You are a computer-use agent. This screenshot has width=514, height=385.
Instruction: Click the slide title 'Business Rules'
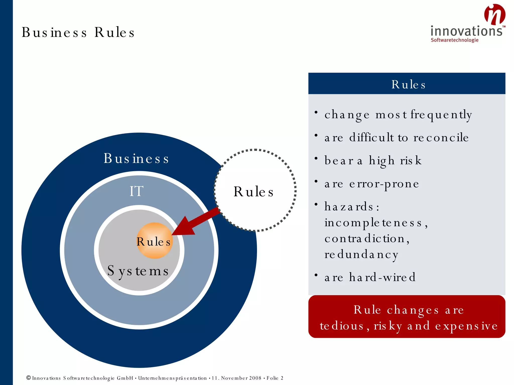coord(78,32)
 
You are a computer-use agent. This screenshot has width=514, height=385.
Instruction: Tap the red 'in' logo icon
coord(494,15)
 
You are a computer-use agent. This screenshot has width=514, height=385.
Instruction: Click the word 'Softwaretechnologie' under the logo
coord(455,40)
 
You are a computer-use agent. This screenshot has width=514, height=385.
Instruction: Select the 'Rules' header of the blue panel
coord(408,84)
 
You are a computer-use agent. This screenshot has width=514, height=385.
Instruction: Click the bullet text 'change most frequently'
coord(398,115)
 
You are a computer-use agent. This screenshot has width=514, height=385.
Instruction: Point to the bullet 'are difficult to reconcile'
coord(396,138)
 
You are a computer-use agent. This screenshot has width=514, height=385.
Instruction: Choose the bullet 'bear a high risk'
coord(373,161)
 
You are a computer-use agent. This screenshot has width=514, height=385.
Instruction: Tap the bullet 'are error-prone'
coord(372,184)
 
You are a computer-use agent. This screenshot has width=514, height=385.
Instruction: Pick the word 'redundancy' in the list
coord(361,254)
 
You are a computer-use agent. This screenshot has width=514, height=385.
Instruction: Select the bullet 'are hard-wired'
coord(370,277)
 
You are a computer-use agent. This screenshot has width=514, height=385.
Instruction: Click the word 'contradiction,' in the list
coord(367,239)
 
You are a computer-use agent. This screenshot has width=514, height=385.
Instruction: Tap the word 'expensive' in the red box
coord(466,326)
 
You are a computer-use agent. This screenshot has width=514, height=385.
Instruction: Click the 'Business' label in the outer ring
coord(136,158)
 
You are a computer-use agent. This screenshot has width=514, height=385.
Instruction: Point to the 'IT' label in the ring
coord(136,191)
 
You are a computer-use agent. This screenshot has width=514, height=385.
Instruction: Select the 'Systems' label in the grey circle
coord(138,271)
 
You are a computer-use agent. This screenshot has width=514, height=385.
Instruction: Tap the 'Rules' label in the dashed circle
coord(253,192)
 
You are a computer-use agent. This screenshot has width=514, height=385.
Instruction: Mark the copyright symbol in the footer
coord(29,378)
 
